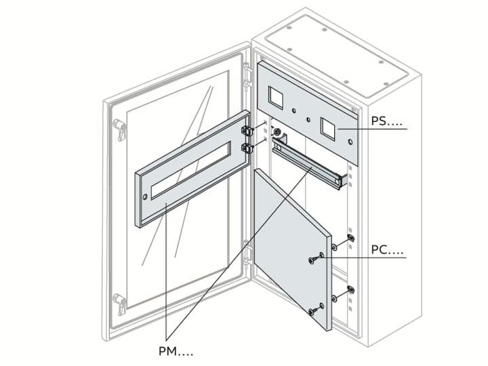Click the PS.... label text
(387, 122)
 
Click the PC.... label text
(387, 251)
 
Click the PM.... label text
(176, 351)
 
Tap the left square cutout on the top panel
(277, 98)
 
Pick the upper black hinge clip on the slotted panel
(248, 129)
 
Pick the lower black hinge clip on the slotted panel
(248, 147)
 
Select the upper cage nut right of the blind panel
(350, 239)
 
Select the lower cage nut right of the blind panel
(350, 290)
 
